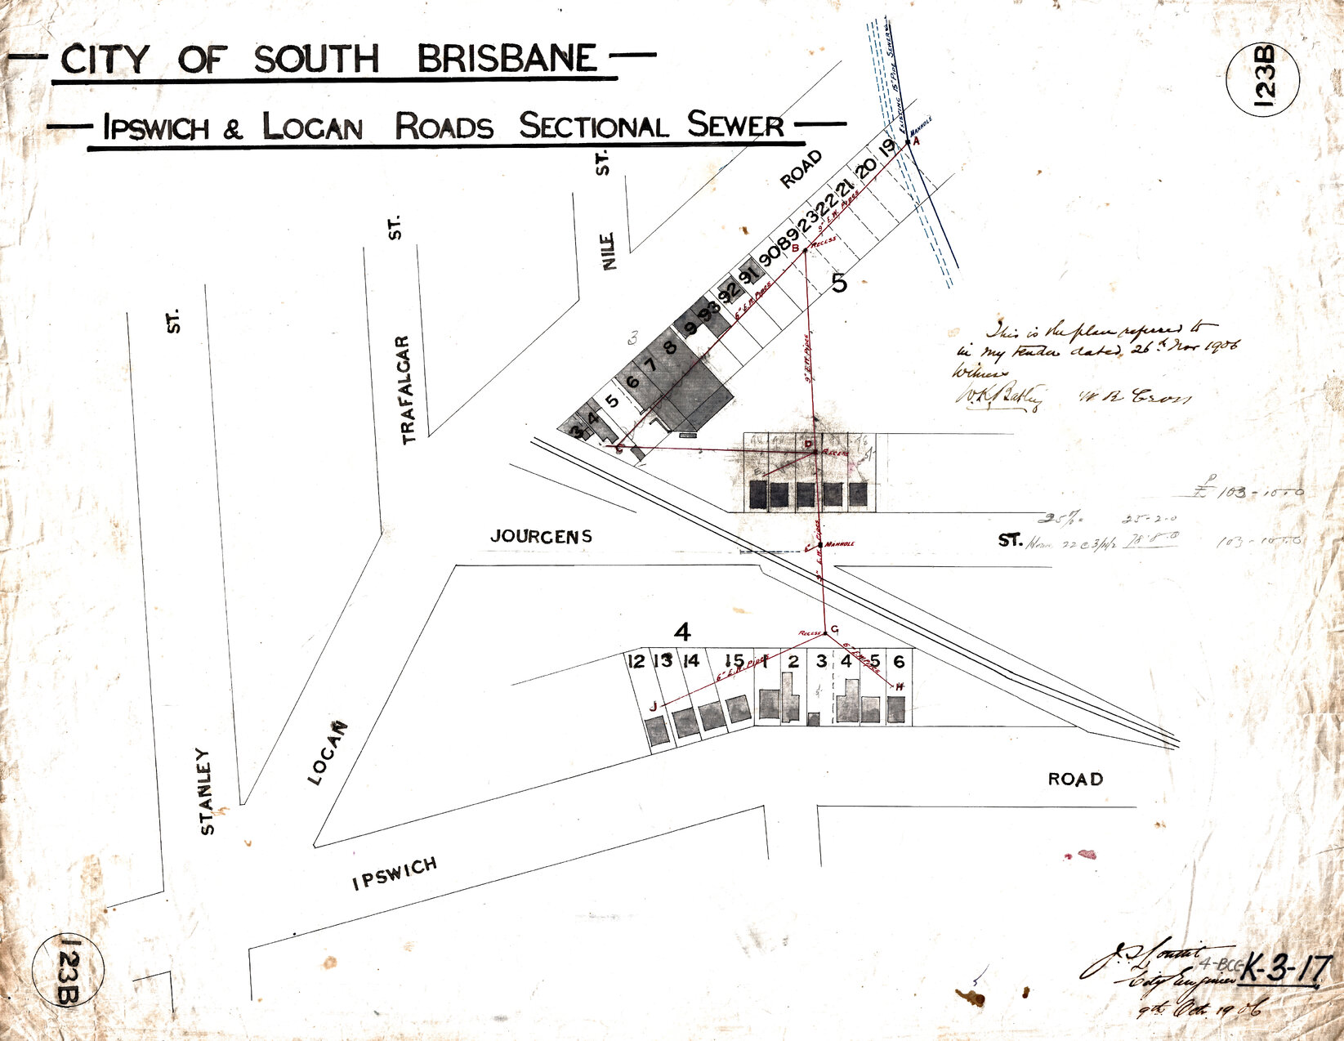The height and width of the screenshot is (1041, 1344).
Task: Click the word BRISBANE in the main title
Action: point(507,59)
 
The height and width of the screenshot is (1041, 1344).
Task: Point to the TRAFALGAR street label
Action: point(408,389)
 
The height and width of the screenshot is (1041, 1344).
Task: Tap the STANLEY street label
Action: point(208,790)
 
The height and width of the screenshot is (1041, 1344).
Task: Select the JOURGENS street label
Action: point(541,536)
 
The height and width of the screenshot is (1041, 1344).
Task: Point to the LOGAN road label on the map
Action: point(328,753)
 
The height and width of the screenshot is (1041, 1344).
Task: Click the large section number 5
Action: point(839,284)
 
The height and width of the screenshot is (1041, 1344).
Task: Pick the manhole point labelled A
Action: point(909,142)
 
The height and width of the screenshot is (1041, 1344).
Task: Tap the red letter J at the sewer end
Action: point(653,707)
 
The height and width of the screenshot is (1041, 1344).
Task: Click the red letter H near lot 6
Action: point(900,686)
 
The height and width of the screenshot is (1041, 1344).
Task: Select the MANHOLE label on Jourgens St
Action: point(839,543)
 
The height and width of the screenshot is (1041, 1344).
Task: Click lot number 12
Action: point(636,661)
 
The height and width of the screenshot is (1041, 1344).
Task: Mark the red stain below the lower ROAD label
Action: point(1086,855)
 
